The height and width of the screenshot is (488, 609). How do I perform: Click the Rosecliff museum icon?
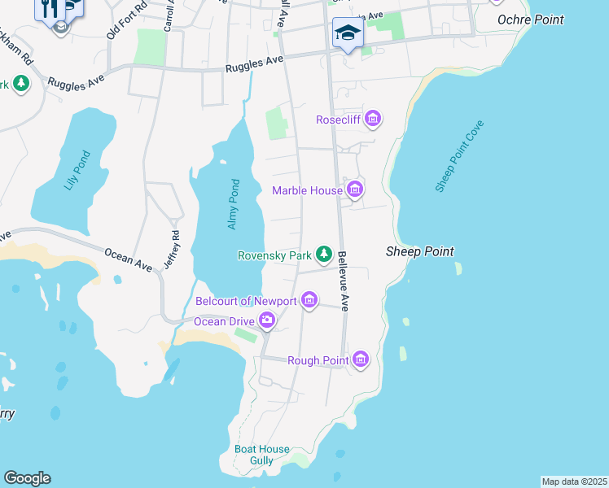(x=373, y=120)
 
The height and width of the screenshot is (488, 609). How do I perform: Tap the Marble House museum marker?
(x=354, y=191)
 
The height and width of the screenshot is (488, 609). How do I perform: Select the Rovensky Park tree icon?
(x=324, y=255)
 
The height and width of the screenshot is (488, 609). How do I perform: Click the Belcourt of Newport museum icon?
(x=309, y=301)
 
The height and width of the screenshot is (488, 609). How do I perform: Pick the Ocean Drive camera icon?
(x=267, y=321)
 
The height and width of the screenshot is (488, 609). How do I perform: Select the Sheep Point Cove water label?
(x=459, y=156)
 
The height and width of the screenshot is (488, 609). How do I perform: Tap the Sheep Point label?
(x=419, y=252)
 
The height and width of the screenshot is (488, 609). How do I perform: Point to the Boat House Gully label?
(x=261, y=455)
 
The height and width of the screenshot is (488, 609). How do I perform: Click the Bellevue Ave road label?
(x=344, y=281)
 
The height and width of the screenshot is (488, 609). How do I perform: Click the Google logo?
(x=27, y=478)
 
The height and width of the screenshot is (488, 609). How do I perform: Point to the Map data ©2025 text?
(x=574, y=481)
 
